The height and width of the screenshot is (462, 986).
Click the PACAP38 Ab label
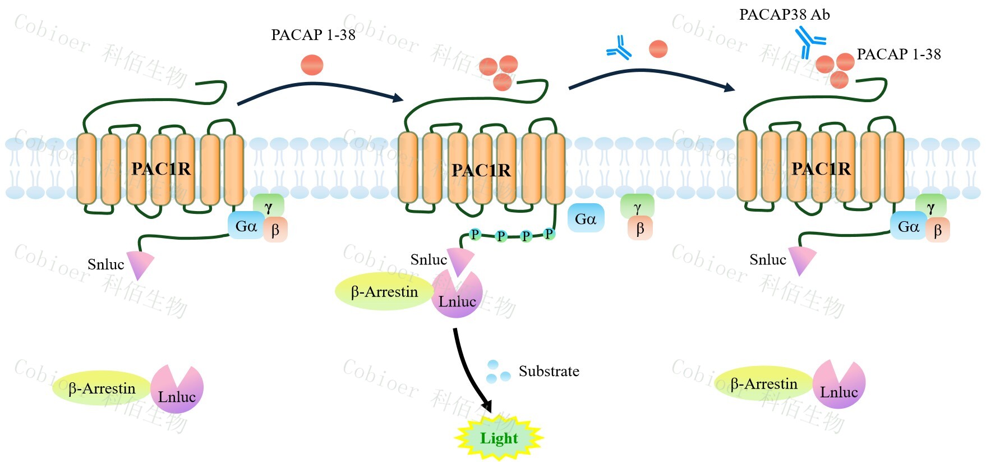tap(784, 15)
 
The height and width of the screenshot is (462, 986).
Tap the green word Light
tap(499, 438)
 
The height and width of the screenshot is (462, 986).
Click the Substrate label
tap(549, 371)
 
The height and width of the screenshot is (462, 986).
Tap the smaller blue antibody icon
tap(619, 48)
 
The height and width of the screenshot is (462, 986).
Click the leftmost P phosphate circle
tap(475, 234)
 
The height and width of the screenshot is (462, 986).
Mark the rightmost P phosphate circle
tap(549, 234)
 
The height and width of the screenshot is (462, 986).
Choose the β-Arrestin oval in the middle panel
tap(384, 292)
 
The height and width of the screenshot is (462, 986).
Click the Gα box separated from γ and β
tap(586, 218)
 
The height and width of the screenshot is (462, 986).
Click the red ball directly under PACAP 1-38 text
tap(312, 65)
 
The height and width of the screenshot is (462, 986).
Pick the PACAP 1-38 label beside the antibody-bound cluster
tap(899, 54)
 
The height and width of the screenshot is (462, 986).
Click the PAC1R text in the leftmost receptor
tap(161, 168)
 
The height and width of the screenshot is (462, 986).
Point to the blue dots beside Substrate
tap(497, 372)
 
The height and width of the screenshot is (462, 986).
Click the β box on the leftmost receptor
tap(275, 230)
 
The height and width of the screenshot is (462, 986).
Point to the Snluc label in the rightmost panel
tap(767, 259)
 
